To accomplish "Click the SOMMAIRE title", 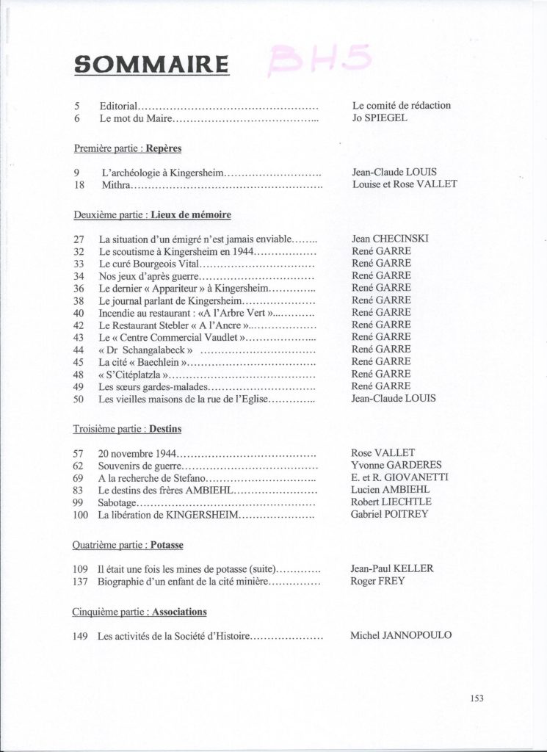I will (151, 64).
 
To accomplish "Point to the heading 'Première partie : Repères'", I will (128, 148).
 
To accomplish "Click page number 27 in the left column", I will (81, 239).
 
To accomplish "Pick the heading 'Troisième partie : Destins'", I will (128, 427).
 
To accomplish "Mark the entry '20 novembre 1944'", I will (138, 453).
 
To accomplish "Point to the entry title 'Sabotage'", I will (117, 502).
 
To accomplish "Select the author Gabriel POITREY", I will (389, 514).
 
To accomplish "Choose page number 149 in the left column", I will (81, 635).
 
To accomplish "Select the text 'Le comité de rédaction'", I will (402, 105).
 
